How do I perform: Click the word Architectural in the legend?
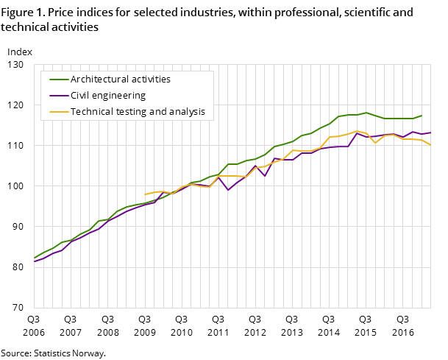pyautogui.click(x=97, y=80)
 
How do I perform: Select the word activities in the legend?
pyautogui.click(x=149, y=80)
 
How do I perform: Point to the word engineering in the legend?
pyautogui.click(x=118, y=96)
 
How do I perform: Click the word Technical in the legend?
pyautogui.click(x=91, y=112)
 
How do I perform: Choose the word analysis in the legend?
pyautogui.click(x=188, y=112)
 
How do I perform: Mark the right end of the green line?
pyautogui.click(x=422, y=116)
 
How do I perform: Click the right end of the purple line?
pyautogui.click(x=431, y=133)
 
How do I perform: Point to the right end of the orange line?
pyautogui.click(x=431, y=144)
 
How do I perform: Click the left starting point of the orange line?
pyautogui.click(x=145, y=194)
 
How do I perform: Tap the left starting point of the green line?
pyautogui.click(x=34, y=258)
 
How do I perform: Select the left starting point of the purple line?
pyautogui.click(x=34, y=262)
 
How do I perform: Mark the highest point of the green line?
pyautogui.click(x=366, y=113)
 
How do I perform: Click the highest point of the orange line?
pyautogui.click(x=357, y=131)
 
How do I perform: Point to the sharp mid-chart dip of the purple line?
pyautogui.click(x=228, y=190)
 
